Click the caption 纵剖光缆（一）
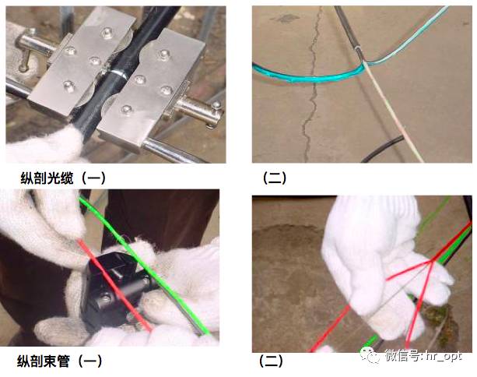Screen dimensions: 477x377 pyautogui.click(x=63, y=178)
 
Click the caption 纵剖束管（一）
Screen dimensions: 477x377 pyautogui.click(x=60, y=361)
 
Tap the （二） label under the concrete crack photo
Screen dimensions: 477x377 pyautogui.click(x=275, y=178)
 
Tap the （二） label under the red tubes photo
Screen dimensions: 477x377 pyautogui.click(x=271, y=361)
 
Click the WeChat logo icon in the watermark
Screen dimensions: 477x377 pyautogui.click(x=370, y=354)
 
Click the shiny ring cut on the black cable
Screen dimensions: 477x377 pyautogui.click(x=119, y=73)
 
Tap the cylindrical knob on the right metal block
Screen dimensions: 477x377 pyautogui.click(x=198, y=110)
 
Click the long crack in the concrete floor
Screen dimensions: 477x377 pyautogui.click(x=310, y=85)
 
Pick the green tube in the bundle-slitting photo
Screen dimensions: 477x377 pyautogui.click(x=146, y=268)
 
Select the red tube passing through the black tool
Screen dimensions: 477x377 pyautogui.click(x=116, y=286)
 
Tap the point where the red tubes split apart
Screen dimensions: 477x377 pyautogui.click(x=430, y=261)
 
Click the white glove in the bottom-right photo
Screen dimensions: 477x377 pyautogui.click(x=384, y=265)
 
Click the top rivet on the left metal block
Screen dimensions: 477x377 pyautogui.click(x=107, y=31)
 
